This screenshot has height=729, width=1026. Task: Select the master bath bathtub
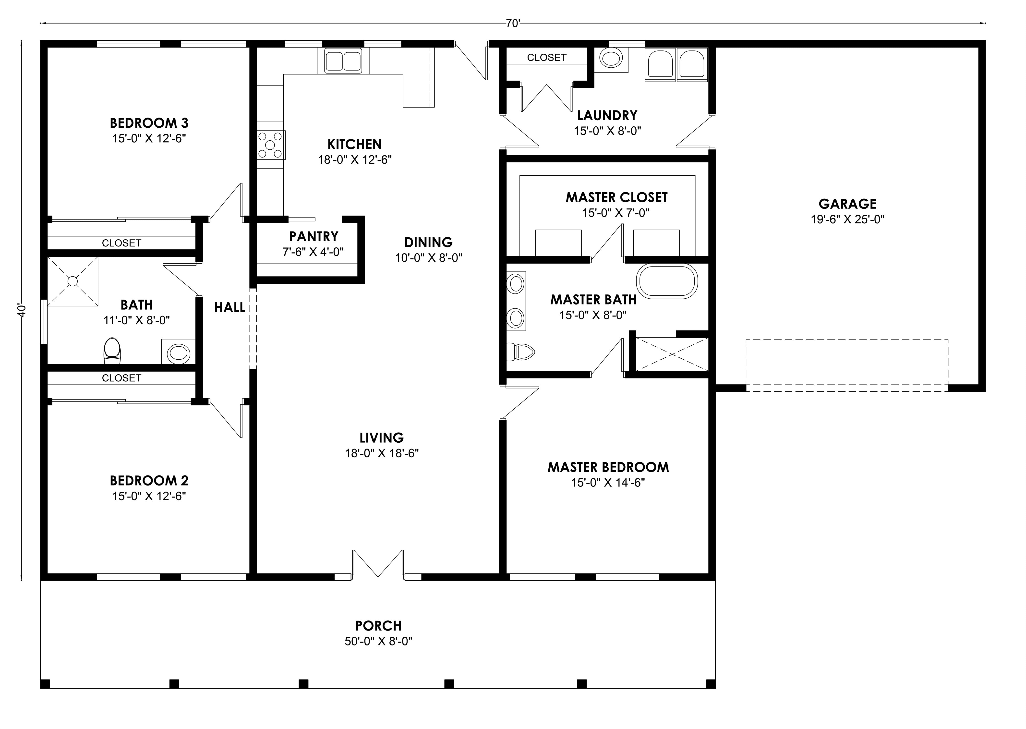(x=667, y=280)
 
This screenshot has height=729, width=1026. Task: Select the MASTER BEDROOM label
(x=608, y=467)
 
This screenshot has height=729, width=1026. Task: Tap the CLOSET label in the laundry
(x=547, y=58)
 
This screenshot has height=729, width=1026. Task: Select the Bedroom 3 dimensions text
(x=149, y=138)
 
